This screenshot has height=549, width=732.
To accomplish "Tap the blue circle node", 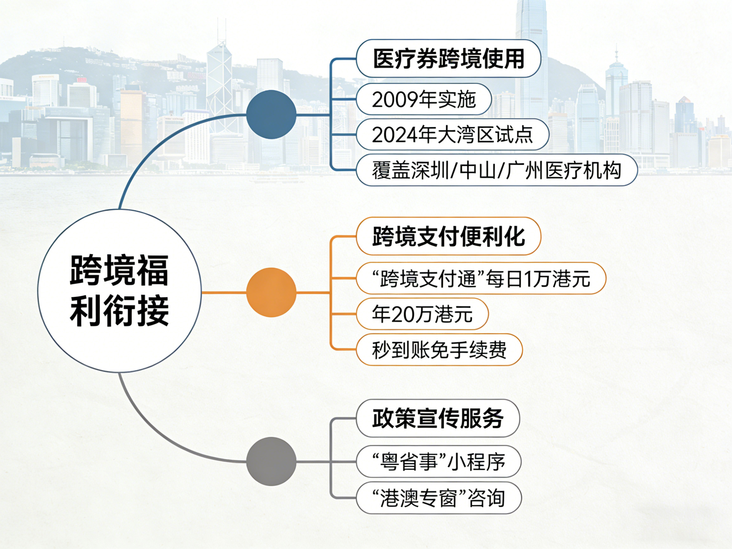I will pos(271,115).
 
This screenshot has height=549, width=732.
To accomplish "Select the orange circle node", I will pos(271,292).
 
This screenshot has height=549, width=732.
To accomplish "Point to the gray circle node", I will pos(271,461).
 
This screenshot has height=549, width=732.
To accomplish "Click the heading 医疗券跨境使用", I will pos(448,59).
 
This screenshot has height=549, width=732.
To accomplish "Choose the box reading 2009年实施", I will pos(424,99).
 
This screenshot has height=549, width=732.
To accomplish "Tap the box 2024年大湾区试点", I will pos(452,135).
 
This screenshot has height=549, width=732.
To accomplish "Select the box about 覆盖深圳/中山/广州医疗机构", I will pos(496,170).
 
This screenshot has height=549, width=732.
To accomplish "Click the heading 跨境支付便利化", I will pos(448,236).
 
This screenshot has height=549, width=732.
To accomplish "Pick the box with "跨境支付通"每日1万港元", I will pos(481,278).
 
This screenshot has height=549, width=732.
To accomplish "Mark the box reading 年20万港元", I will pos(422,314).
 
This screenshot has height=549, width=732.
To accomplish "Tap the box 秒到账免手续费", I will pos(439,350).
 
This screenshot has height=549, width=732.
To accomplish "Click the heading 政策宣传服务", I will pos(438,418).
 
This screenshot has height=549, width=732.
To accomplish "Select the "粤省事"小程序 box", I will pos(438,462).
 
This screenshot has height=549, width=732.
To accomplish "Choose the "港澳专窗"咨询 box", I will pos(438,498).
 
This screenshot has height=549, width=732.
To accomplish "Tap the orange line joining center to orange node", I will pos(224,293).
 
